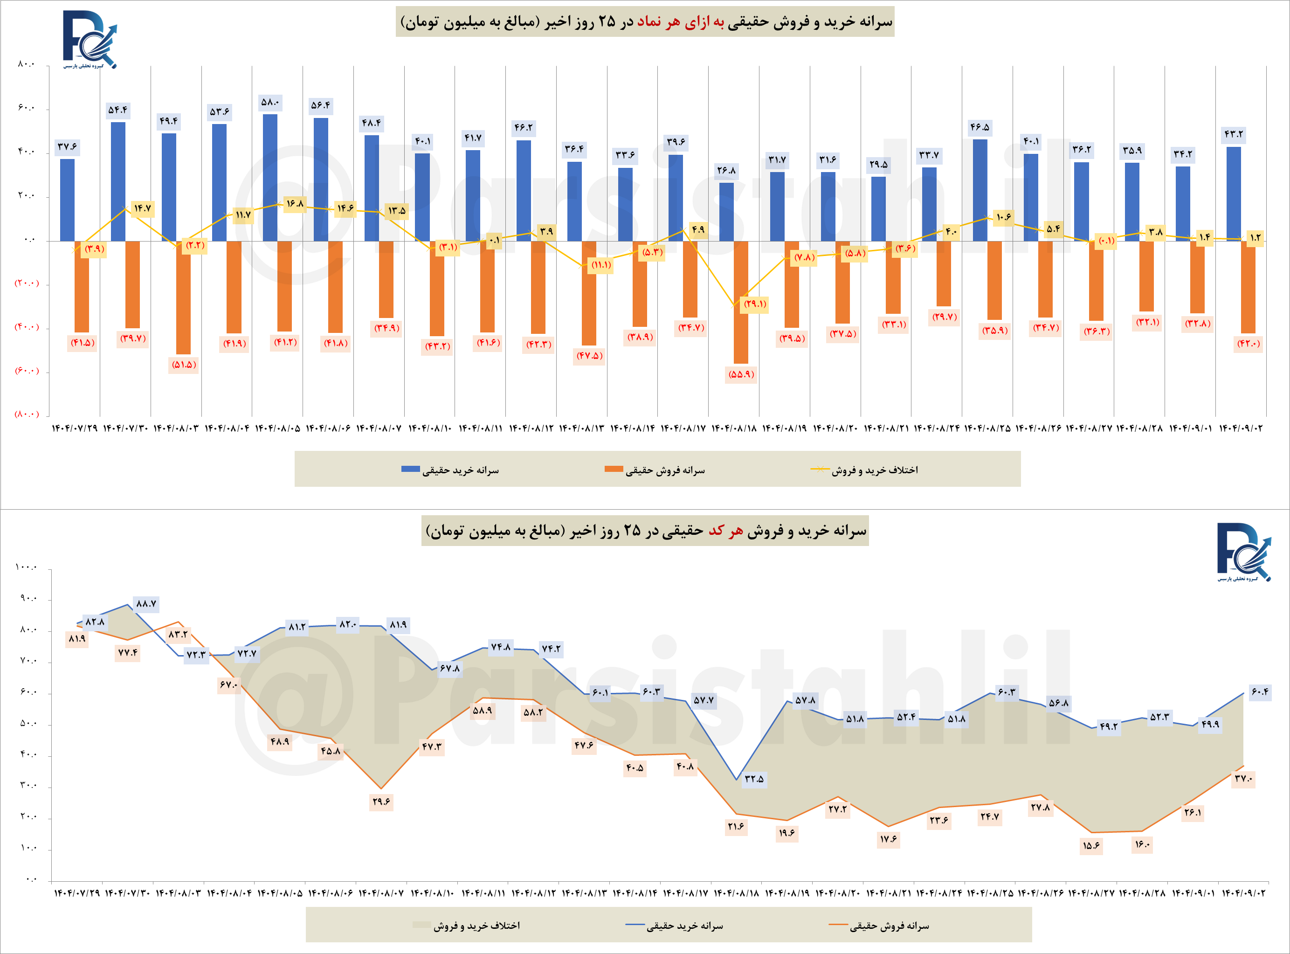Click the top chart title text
click(x=645, y=22)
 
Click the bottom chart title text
click(x=645, y=531)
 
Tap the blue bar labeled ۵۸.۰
click(x=269, y=177)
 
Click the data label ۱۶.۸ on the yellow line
click(x=295, y=204)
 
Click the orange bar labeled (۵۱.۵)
click(x=184, y=297)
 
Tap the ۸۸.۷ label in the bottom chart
click(x=146, y=603)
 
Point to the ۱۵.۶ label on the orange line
click(x=1091, y=846)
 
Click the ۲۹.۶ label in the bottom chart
click(x=381, y=802)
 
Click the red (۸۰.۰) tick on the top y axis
click(x=27, y=414)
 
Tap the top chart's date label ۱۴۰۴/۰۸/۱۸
click(x=734, y=429)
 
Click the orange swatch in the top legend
click(x=613, y=469)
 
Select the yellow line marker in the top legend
click(x=820, y=469)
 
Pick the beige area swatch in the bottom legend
click(x=421, y=925)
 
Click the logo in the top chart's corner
click(x=90, y=39)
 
